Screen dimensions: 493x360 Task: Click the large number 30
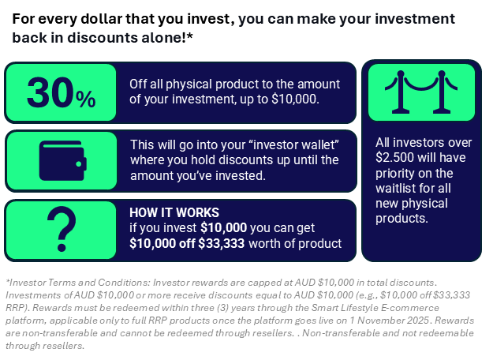[50, 93]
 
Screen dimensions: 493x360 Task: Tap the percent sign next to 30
[85, 99]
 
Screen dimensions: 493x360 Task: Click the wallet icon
[62, 160]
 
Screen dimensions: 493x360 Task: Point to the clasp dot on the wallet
[79, 164]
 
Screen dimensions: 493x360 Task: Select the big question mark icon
[62, 229]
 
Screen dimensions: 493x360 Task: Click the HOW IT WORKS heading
[174, 212]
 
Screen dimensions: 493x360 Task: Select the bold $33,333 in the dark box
[222, 244]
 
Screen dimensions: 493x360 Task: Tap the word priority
[394, 174]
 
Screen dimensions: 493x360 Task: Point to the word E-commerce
[409, 308]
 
